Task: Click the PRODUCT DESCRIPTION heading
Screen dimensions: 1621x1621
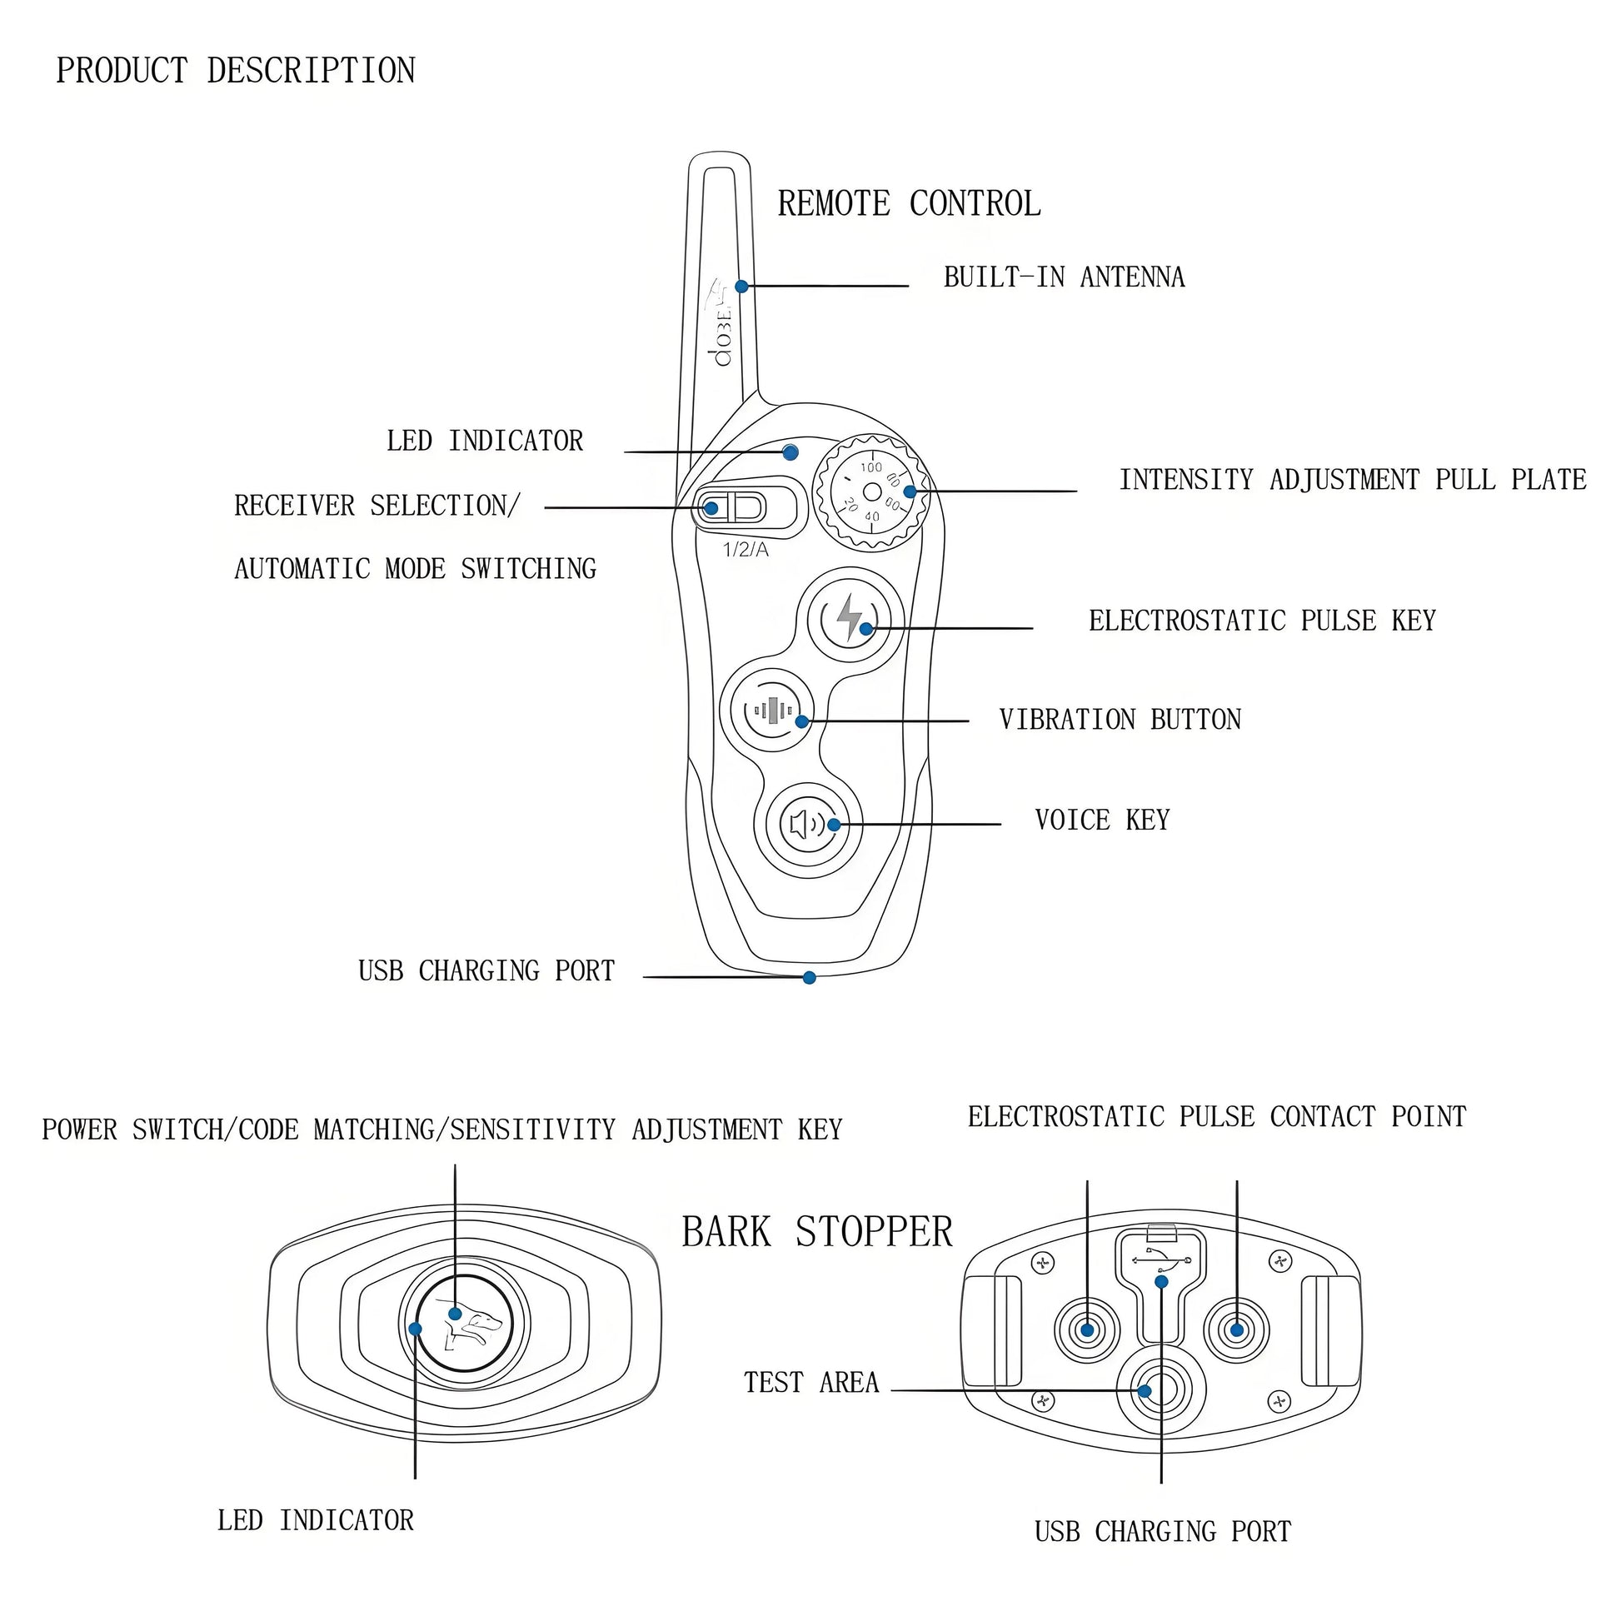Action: click(x=236, y=71)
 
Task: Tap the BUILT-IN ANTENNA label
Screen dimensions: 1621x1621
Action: click(x=1064, y=277)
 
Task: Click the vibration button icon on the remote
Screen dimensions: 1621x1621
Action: click(x=772, y=711)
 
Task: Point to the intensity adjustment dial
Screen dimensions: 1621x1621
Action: click(x=873, y=492)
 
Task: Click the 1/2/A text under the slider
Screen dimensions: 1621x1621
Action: click(x=746, y=551)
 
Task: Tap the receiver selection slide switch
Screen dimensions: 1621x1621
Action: click(x=732, y=507)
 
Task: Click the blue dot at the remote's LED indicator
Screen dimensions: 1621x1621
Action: click(x=790, y=453)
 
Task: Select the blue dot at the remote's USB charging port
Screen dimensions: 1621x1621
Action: click(x=810, y=977)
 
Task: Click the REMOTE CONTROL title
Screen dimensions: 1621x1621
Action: click(x=909, y=204)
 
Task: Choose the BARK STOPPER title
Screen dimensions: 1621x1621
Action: click(x=817, y=1233)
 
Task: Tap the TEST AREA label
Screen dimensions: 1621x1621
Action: click(x=810, y=1383)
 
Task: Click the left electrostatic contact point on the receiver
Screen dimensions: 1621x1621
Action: click(x=1087, y=1329)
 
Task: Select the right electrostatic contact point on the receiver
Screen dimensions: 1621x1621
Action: click(x=1236, y=1329)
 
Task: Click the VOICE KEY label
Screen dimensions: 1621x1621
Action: click(x=1102, y=820)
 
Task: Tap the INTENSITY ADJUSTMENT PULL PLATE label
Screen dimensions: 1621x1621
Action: click(x=1353, y=480)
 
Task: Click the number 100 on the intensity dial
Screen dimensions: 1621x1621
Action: click(x=872, y=467)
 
